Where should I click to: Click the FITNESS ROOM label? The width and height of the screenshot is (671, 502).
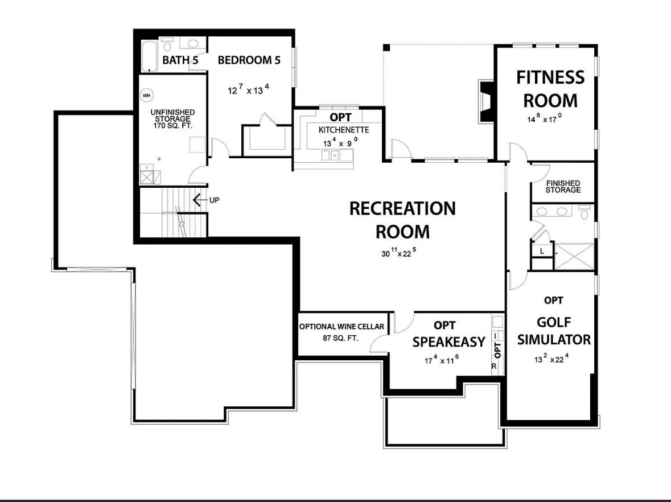[550, 89]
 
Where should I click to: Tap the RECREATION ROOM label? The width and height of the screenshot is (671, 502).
[402, 220]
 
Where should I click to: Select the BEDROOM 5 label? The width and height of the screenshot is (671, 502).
[249, 60]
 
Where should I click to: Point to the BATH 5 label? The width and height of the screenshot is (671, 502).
[180, 60]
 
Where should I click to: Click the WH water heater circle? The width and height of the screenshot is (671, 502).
[147, 95]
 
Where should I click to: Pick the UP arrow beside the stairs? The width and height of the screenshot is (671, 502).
[199, 200]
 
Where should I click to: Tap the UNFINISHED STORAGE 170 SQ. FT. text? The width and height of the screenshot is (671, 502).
[173, 119]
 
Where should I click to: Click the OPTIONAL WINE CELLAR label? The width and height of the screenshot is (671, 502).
[342, 327]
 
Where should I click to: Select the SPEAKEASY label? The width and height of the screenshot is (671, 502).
[448, 341]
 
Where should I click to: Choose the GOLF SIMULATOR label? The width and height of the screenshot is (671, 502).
[554, 331]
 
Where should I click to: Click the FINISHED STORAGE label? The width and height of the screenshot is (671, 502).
[563, 186]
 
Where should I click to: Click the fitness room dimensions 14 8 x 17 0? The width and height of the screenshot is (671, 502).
[544, 119]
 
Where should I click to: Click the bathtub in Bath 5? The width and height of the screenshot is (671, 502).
[149, 57]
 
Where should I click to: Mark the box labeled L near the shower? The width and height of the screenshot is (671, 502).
[542, 250]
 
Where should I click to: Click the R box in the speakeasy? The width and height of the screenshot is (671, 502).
[494, 367]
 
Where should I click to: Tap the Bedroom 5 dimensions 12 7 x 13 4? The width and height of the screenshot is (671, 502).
[249, 89]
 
